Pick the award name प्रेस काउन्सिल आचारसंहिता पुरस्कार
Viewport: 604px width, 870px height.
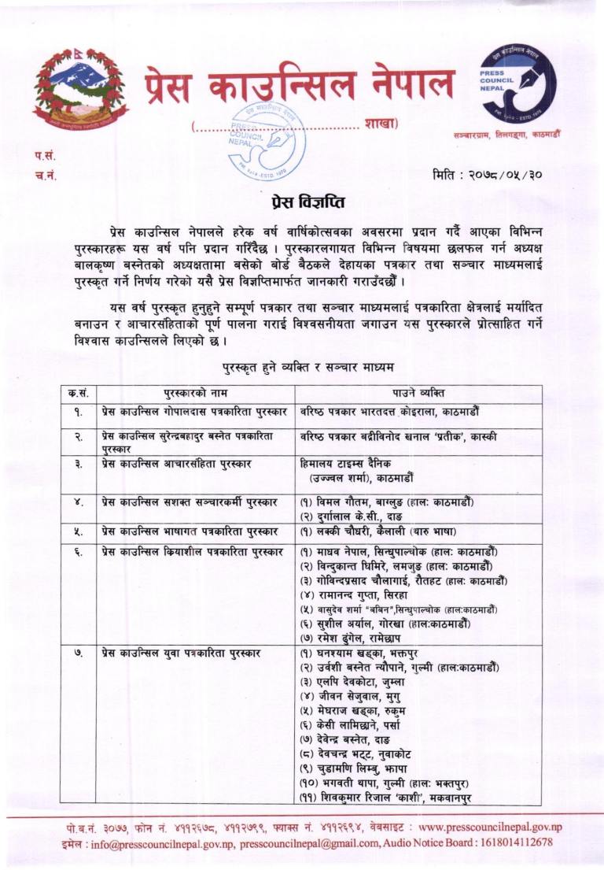pyautogui.click(x=176, y=464)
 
